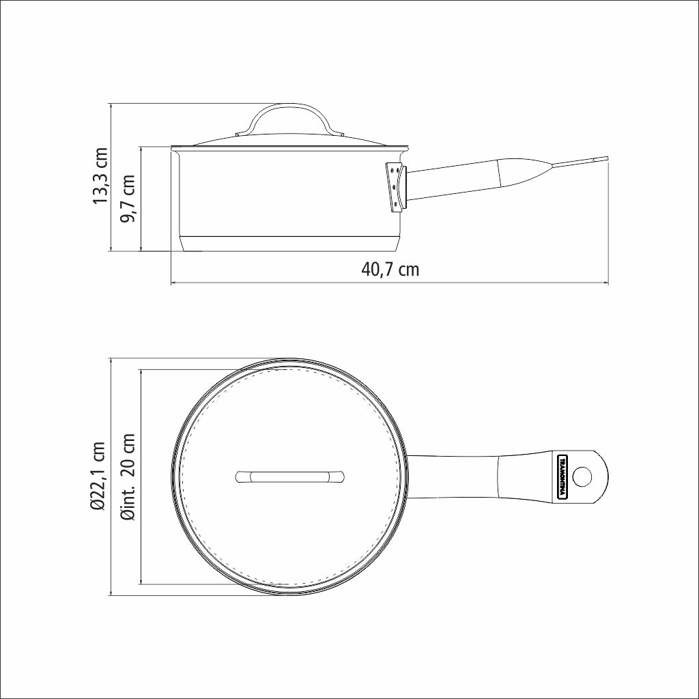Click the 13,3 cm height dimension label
pyautogui.click(x=101, y=176)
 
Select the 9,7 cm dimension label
pyautogui.click(x=127, y=198)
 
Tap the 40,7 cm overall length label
pyautogui.click(x=390, y=269)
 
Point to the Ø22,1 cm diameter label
pyautogui.click(x=100, y=476)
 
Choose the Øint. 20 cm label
pyautogui.click(x=127, y=476)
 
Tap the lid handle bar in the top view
pyautogui.click(x=290, y=476)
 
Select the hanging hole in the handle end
pyautogui.click(x=584, y=476)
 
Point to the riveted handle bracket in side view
pyautogui.click(x=395, y=186)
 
